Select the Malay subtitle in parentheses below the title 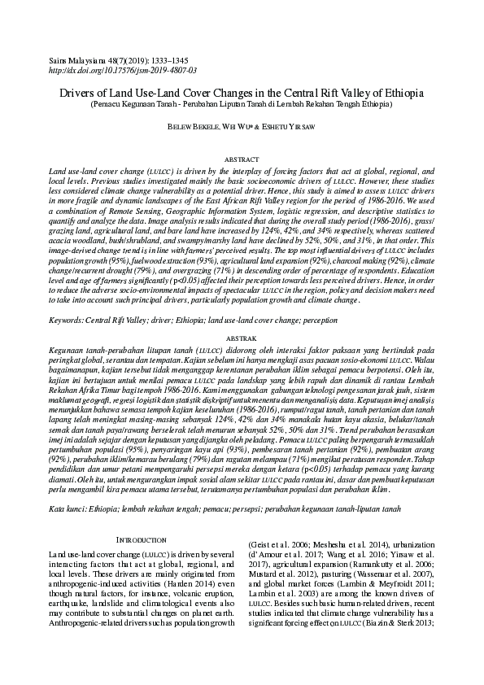click(x=242, y=104)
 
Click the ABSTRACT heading click(x=242, y=160)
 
